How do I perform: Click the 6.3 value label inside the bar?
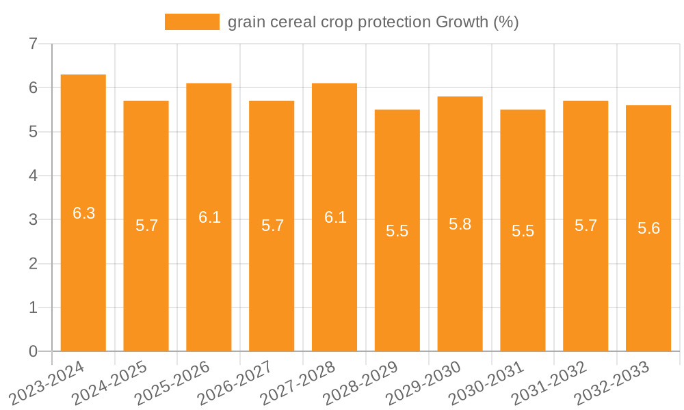point(84,213)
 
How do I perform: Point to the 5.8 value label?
point(460,224)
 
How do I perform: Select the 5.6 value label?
point(648,229)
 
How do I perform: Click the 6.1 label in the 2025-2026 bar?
point(209,217)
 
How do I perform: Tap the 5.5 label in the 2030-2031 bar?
point(523,231)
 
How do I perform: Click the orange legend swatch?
point(192,22)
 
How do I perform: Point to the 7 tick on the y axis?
point(33,44)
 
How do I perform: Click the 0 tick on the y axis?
point(33,351)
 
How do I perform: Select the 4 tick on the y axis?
point(33,176)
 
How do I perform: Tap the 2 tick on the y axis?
point(33,264)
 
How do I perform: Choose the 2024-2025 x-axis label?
point(111,383)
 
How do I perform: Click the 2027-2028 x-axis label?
point(299,383)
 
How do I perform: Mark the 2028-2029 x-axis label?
point(362,383)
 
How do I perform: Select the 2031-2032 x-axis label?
point(551,383)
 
